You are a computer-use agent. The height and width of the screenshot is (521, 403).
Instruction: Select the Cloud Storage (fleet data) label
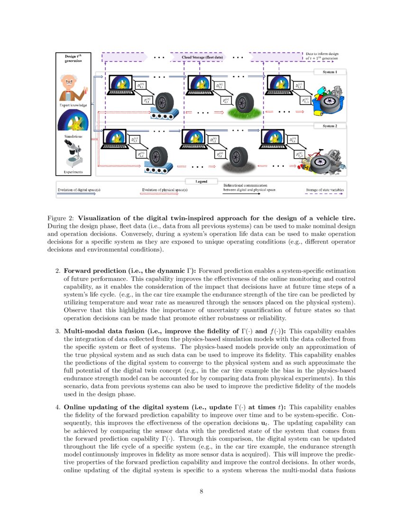202,57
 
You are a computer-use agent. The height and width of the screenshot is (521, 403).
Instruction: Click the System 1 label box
330,72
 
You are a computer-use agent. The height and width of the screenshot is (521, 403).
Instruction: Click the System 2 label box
330,126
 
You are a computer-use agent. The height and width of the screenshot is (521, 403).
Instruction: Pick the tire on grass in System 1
244,103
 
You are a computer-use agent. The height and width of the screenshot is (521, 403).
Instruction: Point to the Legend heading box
202,181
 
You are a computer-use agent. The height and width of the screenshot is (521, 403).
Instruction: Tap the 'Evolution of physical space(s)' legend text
165,190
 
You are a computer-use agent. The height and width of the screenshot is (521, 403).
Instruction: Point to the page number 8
201,491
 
